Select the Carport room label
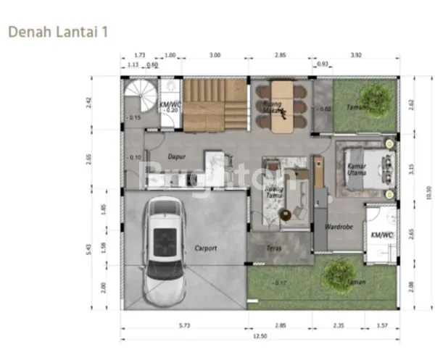pos(205,248)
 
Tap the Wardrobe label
pos(338,227)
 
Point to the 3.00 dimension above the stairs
pos(215,55)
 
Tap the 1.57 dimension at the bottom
pos(384,325)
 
